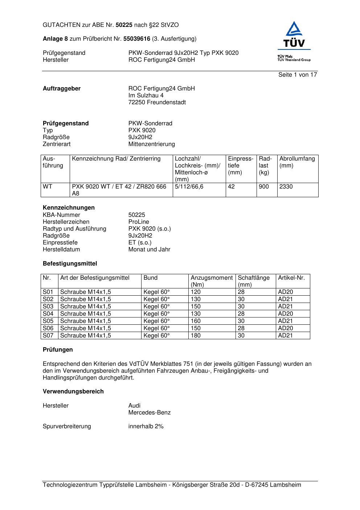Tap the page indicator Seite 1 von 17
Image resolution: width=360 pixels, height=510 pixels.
[298, 75]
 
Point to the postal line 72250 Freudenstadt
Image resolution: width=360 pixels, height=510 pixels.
[157, 102]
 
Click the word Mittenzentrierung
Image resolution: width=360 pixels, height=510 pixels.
[152, 144]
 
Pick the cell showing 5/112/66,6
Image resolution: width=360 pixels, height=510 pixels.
[189, 187]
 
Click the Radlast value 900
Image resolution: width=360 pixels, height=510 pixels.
[264, 187]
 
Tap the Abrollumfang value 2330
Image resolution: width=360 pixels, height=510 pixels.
[286, 187]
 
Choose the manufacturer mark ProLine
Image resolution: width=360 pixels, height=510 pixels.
[139, 222]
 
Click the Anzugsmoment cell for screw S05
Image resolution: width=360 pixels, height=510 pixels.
[196, 321]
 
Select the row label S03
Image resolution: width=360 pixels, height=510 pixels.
[48, 307]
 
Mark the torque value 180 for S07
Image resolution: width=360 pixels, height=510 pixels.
[196, 336]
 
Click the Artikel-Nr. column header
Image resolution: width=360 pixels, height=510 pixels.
[291, 278]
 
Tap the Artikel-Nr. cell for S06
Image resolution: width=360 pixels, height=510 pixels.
[285, 328]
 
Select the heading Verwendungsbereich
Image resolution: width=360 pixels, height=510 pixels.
[73, 392]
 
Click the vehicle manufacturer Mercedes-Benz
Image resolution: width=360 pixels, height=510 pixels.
[150, 413]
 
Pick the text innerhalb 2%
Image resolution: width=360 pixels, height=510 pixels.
[146, 426]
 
